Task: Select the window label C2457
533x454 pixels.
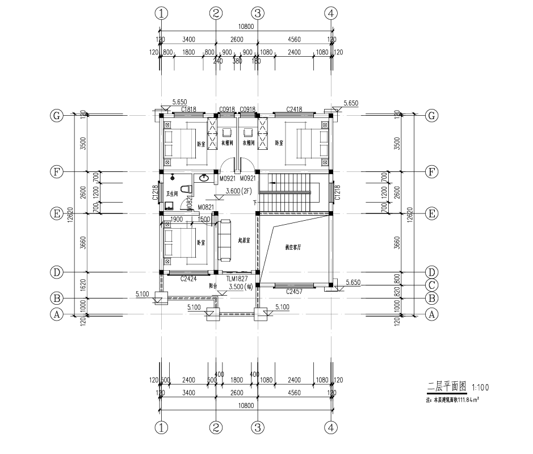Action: [x=294, y=291]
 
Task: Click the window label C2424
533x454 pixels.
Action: [x=188, y=279]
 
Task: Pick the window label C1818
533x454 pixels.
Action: [x=188, y=109]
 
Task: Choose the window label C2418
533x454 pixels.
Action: [x=294, y=109]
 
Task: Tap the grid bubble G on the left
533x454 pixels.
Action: [x=56, y=115]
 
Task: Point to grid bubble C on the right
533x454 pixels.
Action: [x=433, y=285]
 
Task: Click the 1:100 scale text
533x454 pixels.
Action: [x=480, y=388]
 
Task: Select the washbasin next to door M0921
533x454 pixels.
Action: [x=203, y=178]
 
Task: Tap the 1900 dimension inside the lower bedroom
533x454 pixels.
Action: [x=177, y=219]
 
